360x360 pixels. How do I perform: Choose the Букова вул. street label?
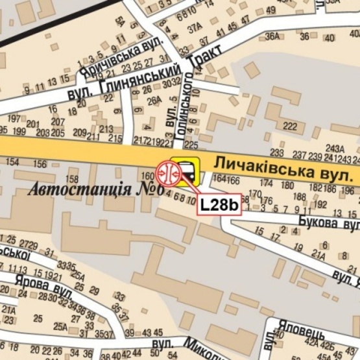328,222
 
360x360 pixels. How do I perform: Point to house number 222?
290,126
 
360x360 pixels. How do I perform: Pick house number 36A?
274,36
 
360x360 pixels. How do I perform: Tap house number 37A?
195,28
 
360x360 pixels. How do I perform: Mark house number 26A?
154,101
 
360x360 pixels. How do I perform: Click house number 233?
277,152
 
